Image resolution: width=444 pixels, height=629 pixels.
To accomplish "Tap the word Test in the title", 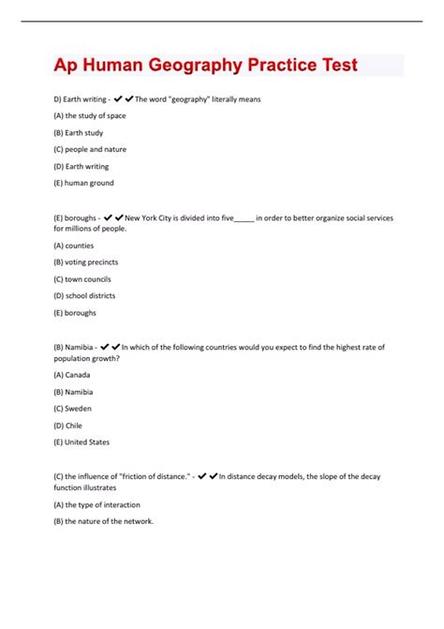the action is [332, 66].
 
